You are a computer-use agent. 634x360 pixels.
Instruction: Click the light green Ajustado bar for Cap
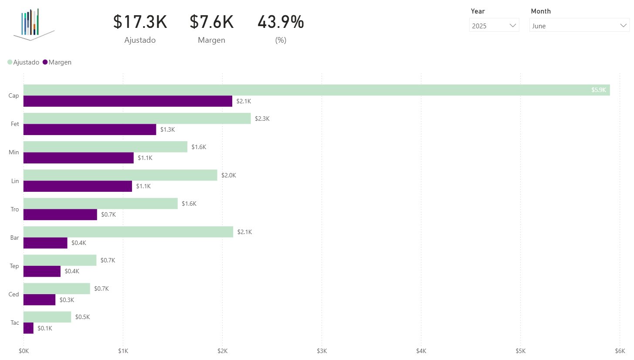tap(305, 90)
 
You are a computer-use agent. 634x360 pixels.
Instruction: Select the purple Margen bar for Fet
tap(90, 129)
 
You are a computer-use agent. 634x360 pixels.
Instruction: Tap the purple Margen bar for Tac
tap(28, 328)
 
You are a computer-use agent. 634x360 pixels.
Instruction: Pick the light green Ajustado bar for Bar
tap(128, 232)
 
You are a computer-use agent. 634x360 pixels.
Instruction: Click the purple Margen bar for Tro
tap(60, 214)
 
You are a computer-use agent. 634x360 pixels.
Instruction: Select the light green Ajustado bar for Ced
tap(57, 289)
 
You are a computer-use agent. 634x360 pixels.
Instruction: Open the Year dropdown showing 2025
tap(494, 26)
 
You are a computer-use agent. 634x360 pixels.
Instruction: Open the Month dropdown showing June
tap(579, 26)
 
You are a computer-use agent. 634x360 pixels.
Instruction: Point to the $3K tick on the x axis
tap(322, 351)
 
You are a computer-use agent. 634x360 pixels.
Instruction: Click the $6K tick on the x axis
tap(620, 351)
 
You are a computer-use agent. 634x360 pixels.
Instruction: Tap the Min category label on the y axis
tap(14, 153)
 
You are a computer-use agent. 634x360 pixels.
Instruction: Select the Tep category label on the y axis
tap(14, 266)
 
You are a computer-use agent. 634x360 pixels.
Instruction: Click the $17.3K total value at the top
tap(140, 22)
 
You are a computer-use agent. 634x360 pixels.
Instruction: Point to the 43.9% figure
tap(281, 22)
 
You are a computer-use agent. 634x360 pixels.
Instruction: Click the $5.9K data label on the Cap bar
tap(598, 90)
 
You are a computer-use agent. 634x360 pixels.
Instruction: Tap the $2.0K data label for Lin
tap(228, 175)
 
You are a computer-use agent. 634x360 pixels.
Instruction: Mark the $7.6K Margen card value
tap(211, 22)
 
